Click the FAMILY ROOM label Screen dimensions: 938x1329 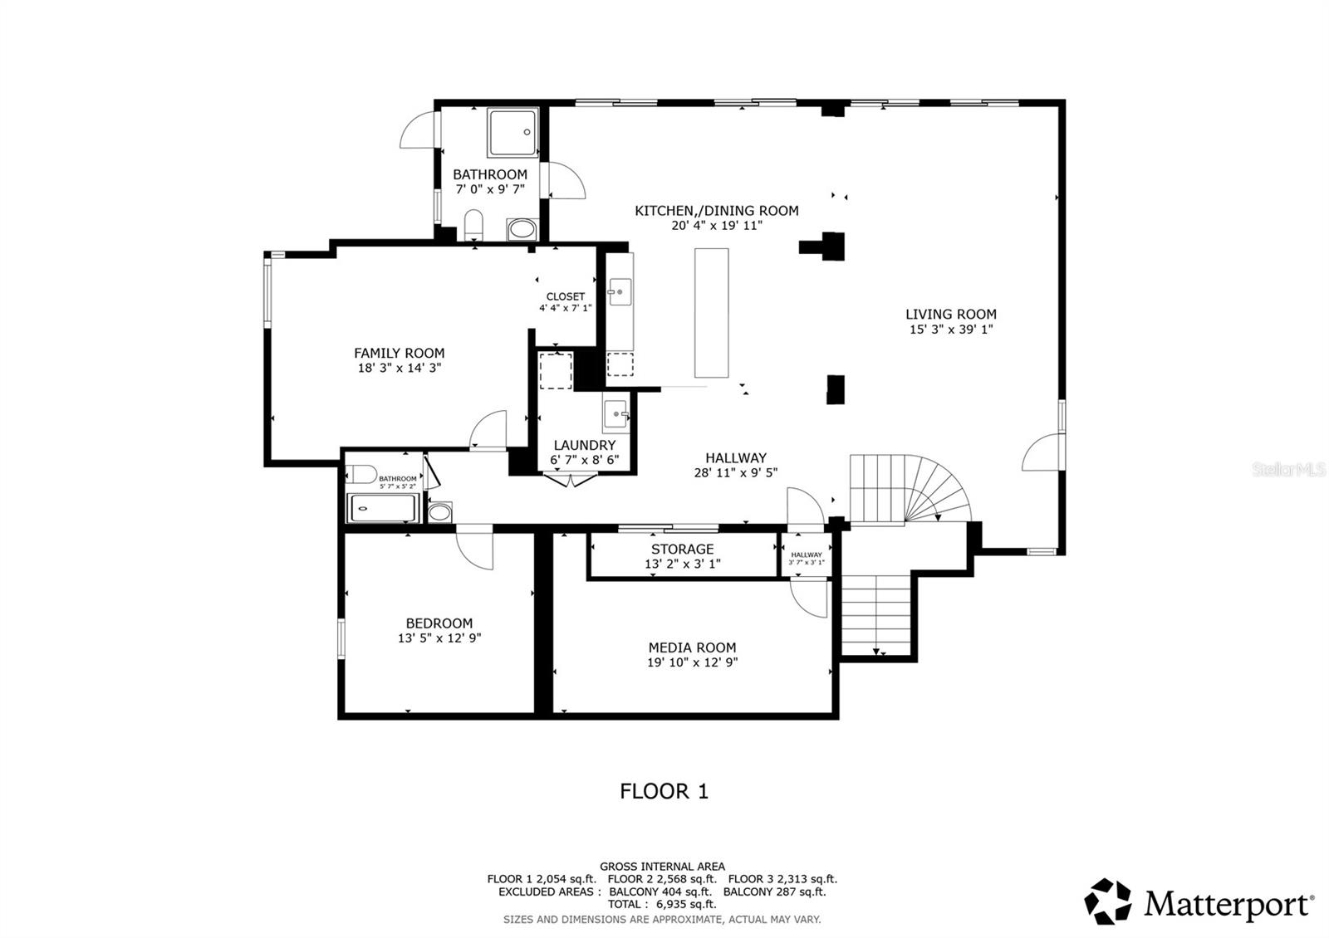(x=399, y=353)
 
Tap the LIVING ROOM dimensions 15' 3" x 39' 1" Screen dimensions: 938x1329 (x=951, y=330)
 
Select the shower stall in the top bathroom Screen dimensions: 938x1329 (x=512, y=133)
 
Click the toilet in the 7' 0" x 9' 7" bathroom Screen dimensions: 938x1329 (x=473, y=224)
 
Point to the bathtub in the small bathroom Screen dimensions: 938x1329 (x=381, y=508)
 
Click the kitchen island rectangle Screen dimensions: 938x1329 (x=711, y=312)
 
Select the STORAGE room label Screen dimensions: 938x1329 (x=682, y=549)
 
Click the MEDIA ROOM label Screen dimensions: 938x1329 (x=692, y=647)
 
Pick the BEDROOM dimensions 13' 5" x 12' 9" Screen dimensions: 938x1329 (x=439, y=638)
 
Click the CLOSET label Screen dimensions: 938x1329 (x=565, y=296)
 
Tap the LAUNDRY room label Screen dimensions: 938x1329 (x=584, y=445)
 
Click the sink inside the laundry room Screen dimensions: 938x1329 (x=615, y=413)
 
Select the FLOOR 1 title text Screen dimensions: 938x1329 (x=664, y=791)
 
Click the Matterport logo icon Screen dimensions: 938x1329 (x=1109, y=901)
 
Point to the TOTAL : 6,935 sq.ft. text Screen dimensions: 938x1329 (x=661, y=904)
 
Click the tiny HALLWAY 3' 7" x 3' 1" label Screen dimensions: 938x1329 (x=807, y=558)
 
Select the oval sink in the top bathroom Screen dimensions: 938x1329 (x=522, y=229)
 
